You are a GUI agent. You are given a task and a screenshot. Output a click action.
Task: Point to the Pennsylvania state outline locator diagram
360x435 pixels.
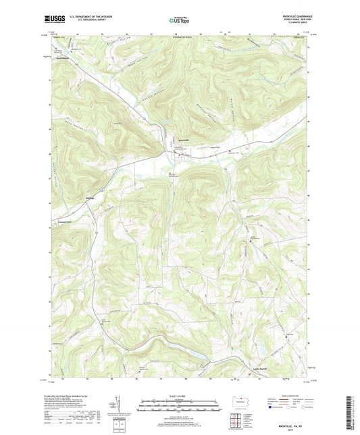tap(241, 400)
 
